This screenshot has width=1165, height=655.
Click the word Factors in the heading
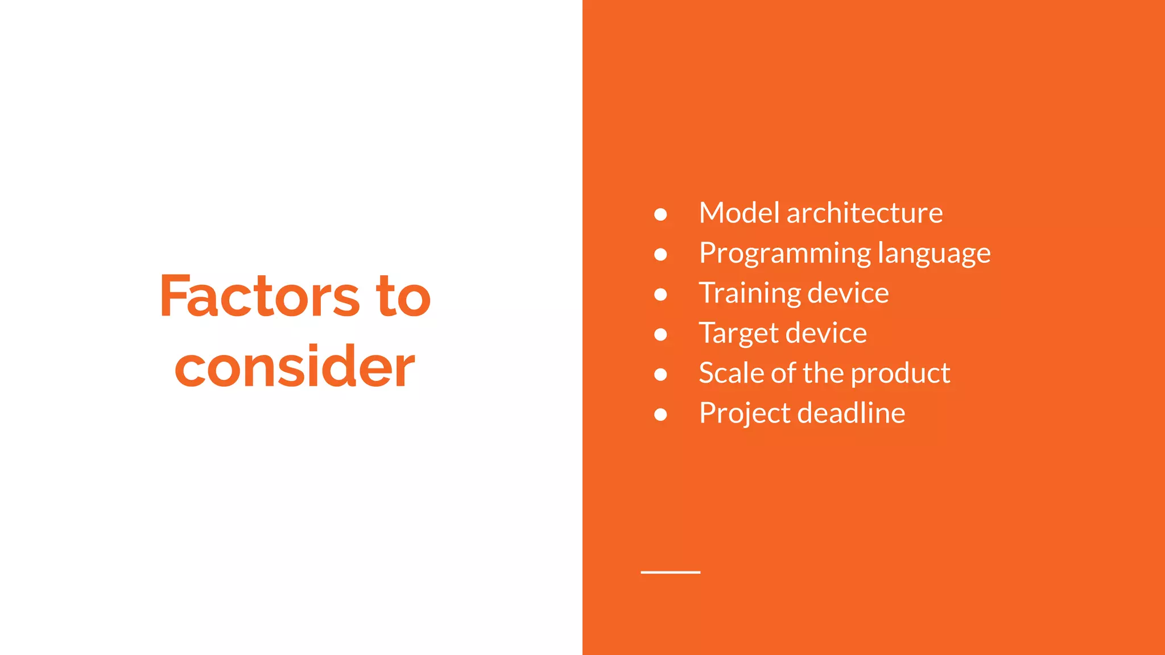click(259, 296)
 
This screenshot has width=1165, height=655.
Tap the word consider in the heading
click(295, 367)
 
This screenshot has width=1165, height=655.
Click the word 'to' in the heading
click(403, 296)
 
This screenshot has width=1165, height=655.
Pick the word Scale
click(731, 373)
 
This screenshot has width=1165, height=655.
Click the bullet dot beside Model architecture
click(660, 214)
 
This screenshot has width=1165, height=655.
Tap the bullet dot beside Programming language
click(660, 254)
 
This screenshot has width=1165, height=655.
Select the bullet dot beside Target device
click(660, 334)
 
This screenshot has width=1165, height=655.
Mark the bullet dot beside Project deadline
click(660, 414)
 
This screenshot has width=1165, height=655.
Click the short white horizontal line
click(670, 572)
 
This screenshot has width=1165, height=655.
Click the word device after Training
click(848, 293)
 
